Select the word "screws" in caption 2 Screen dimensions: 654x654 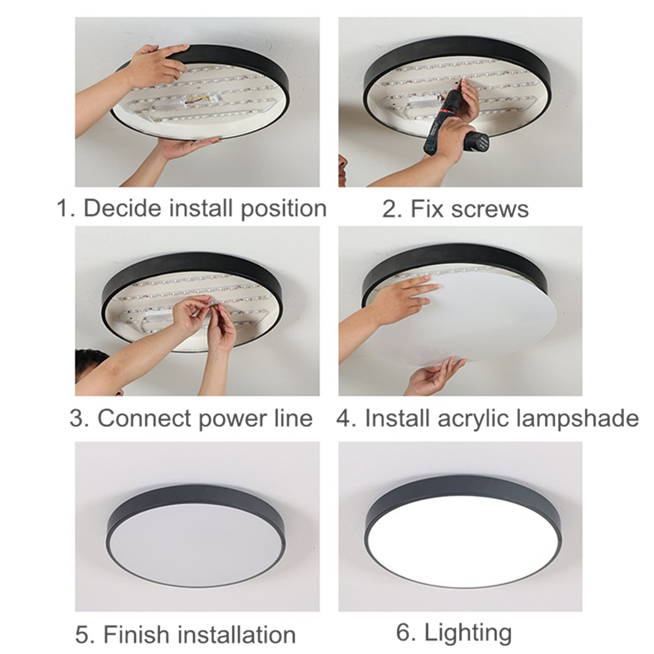[490, 209]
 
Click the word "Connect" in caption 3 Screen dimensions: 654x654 [144, 418]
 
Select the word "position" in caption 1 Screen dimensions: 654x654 [283, 209]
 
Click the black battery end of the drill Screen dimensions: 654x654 [477, 141]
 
